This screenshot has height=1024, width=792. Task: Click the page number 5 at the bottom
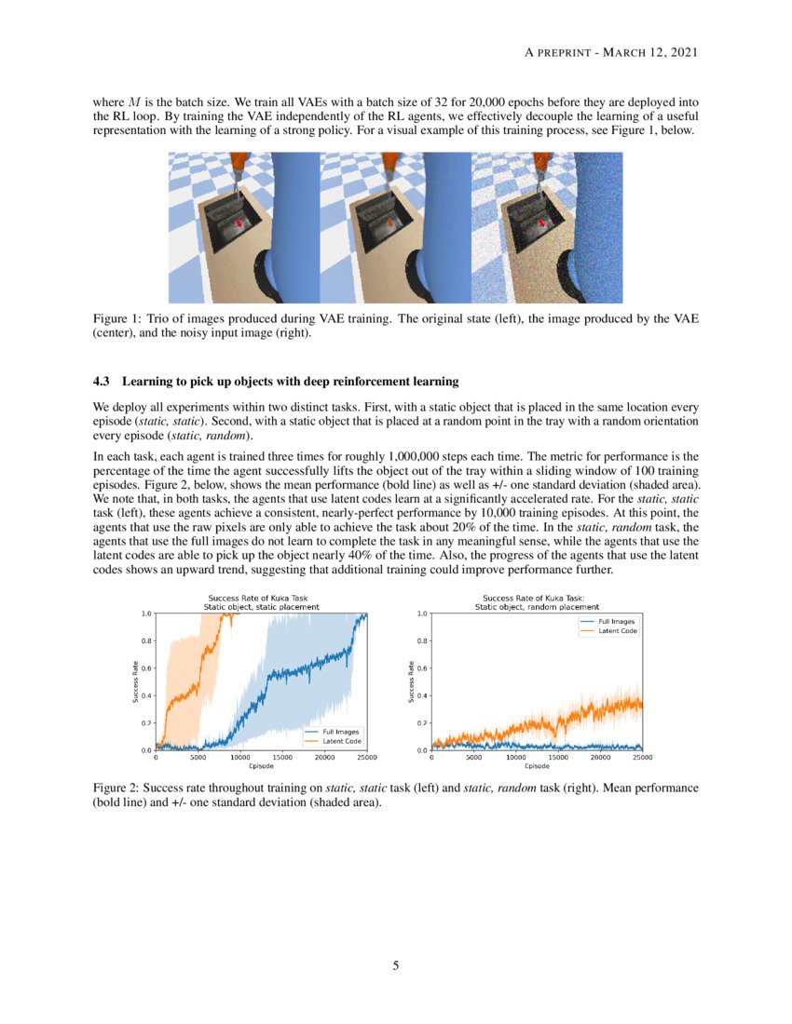pyautogui.click(x=395, y=965)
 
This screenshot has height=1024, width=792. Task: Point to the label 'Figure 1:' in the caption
pyautogui.click(x=116, y=319)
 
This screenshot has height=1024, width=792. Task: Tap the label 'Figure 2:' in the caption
pyautogui.click(x=116, y=788)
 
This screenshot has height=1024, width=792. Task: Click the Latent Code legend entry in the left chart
pyautogui.click(x=341, y=740)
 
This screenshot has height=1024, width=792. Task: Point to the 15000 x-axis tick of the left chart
pyautogui.click(x=282, y=758)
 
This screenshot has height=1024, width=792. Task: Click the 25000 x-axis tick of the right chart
pyautogui.click(x=642, y=758)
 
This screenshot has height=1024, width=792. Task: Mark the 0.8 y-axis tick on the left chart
pyautogui.click(x=146, y=640)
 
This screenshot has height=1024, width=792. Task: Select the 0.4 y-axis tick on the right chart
pyautogui.click(x=422, y=695)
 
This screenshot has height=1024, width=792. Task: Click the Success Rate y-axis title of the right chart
pyautogui.click(x=411, y=681)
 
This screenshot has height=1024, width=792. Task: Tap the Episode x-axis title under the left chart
pyautogui.click(x=261, y=766)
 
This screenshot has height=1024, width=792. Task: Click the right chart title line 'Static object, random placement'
pyautogui.click(x=537, y=606)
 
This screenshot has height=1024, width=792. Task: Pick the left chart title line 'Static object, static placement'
pyautogui.click(x=261, y=606)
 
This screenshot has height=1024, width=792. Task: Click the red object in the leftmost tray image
pyautogui.click(x=239, y=222)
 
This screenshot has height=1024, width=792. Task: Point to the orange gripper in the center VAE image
pyautogui.click(x=389, y=168)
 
